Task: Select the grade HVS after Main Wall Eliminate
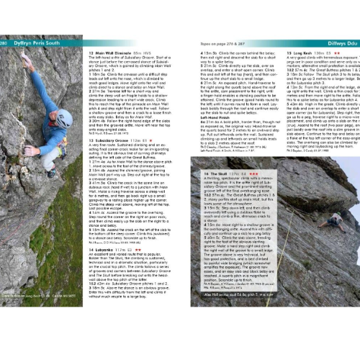coord(156,52)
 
